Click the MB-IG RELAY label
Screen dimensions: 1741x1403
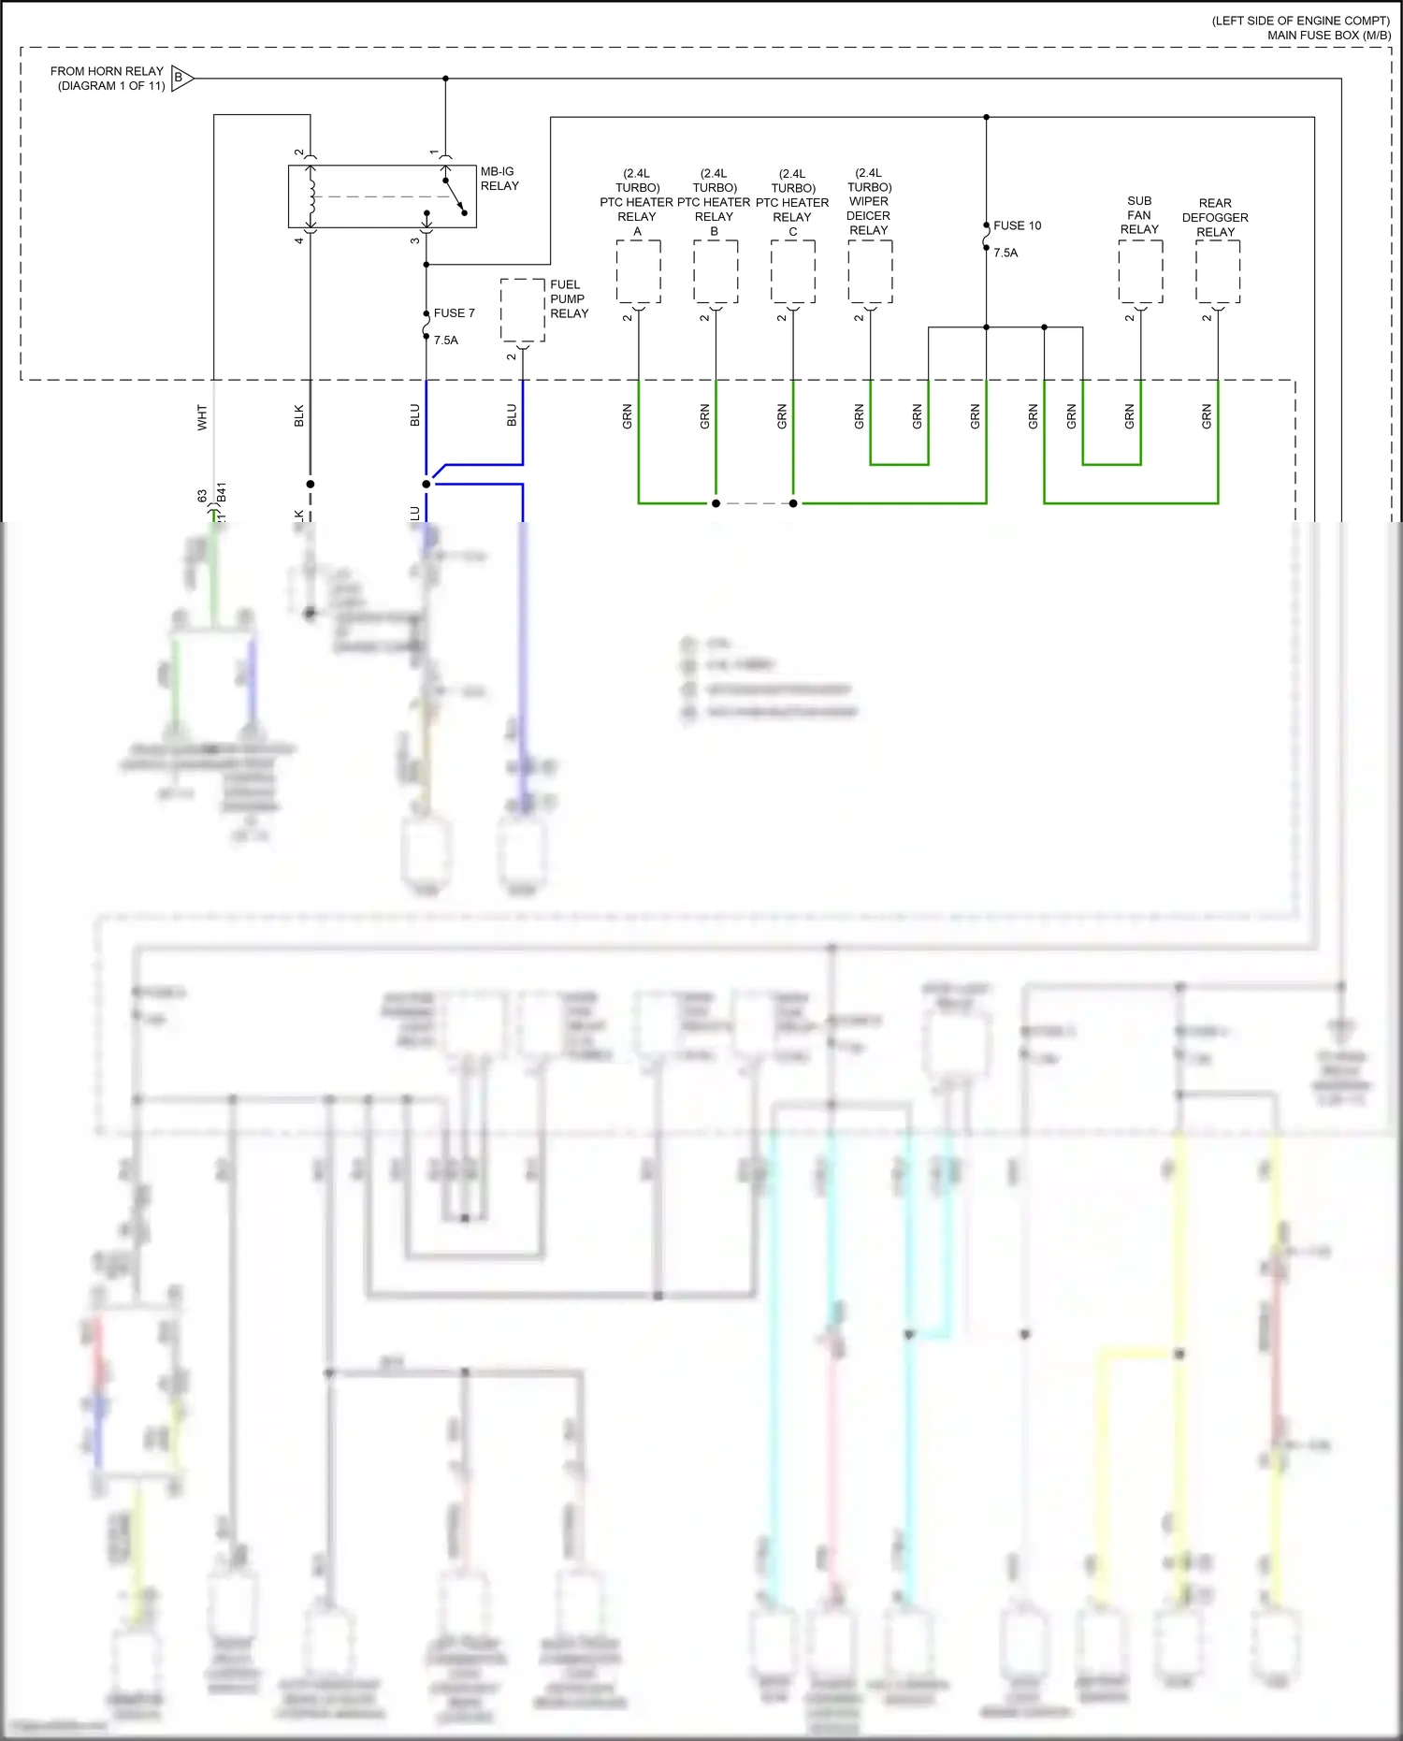pyautogui.click(x=499, y=179)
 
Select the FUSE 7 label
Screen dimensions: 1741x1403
pyautogui.click(x=454, y=313)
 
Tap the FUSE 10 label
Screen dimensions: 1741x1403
pyautogui.click(x=1017, y=225)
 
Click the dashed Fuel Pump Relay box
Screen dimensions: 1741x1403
pyautogui.click(x=522, y=311)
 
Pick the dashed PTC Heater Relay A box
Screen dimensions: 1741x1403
pyautogui.click(x=638, y=271)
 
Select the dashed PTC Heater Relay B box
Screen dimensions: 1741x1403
pyautogui.click(x=716, y=271)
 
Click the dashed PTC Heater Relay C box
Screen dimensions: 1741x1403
pyautogui.click(x=793, y=271)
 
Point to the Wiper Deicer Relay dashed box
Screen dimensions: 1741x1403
pyautogui.click(x=870, y=271)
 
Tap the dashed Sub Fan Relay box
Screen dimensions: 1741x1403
pyautogui.click(x=1140, y=271)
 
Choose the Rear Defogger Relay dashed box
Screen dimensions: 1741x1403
pyautogui.click(x=1218, y=271)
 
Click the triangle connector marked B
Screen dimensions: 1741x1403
pyautogui.click(x=181, y=78)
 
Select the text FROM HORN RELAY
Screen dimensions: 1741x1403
pyautogui.click(x=107, y=71)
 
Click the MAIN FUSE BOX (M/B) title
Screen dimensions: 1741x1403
pyautogui.click(x=1328, y=36)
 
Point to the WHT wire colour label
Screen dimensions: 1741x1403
pyautogui.click(x=202, y=417)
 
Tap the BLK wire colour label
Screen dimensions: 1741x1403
pyautogui.click(x=299, y=415)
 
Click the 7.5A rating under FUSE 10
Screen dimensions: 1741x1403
pyautogui.click(x=1005, y=254)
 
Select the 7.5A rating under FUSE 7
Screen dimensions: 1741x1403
pyautogui.click(x=446, y=341)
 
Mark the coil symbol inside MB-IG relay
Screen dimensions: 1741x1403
pyautogui.click(x=311, y=196)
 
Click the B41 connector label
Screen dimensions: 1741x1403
pyautogui.click(x=222, y=493)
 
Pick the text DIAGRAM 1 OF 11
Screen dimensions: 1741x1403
pyautogui.click(x=111, y=86)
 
